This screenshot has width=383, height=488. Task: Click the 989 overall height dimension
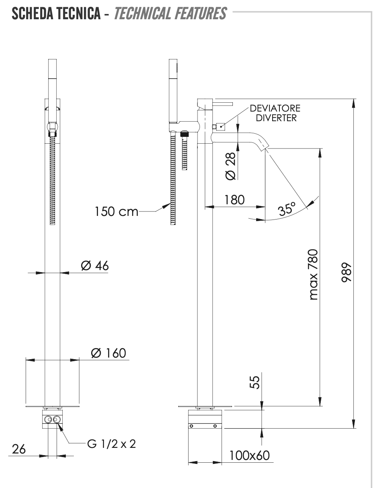(346, 273)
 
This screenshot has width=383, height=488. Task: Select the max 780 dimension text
(314, 274)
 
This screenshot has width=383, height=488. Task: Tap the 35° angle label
(287, 209)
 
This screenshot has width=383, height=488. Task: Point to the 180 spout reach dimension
(234, 199)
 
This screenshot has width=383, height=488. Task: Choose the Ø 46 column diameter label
(94, 266)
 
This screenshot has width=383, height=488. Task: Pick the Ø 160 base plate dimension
(108, 353)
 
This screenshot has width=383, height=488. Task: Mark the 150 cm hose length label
(116, 211)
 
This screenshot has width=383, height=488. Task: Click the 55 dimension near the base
(255, 381)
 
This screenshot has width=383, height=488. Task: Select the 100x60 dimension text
(249, 456)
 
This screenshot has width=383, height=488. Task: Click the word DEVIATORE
(275, 108)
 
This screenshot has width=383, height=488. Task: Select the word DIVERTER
(276, 118)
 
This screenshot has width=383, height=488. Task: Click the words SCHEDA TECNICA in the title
(56, 14)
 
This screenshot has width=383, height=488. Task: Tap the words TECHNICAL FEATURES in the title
(170, 14)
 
